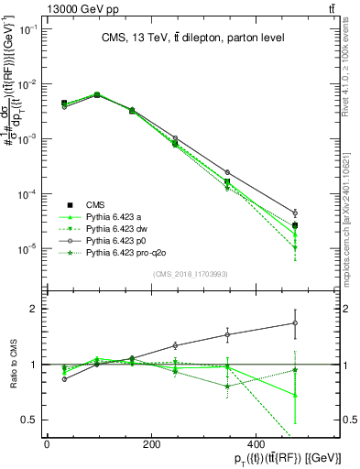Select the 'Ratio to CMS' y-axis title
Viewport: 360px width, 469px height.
point(13,364)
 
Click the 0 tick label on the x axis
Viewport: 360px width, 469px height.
point(47,443)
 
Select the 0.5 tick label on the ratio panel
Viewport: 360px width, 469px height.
point(29,420)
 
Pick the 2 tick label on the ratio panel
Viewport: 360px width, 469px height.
point(33,309)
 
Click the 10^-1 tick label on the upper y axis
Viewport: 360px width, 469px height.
point(27,29)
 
